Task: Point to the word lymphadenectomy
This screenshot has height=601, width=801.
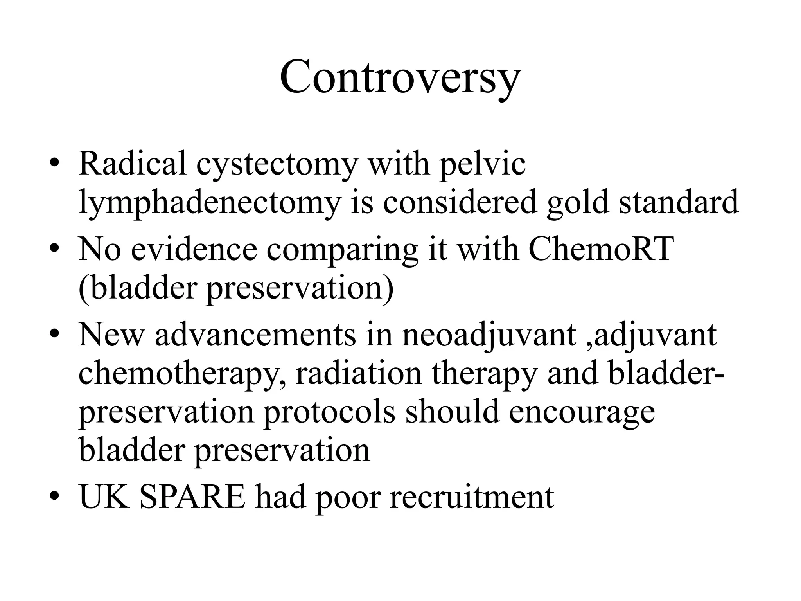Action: tap(209, 203)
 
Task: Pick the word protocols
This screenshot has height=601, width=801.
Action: tap(329, 413)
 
